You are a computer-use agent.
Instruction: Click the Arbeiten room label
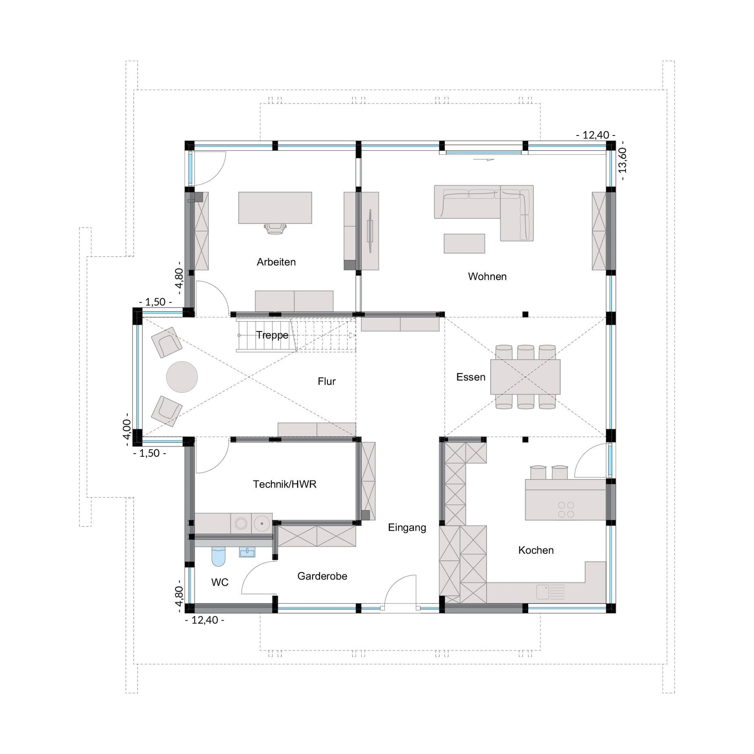click(276, 262)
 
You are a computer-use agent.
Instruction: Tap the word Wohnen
click(487, 277)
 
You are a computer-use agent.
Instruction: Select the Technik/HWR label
click(285, 484)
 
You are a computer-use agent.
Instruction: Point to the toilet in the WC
click(218, 556)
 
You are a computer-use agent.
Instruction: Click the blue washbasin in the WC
click(247, 552)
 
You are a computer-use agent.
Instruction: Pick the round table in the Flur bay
click(182, 377)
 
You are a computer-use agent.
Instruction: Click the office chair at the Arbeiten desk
click(275, 228)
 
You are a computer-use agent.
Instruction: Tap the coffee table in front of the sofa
click(464, 244)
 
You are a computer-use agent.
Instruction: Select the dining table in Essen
click(525, 377)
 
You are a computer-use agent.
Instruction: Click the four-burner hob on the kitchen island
click(566, 510)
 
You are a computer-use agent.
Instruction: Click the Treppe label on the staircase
click(272, 335)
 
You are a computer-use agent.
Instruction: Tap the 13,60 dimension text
click(622, 160)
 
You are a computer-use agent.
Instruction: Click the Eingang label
click(407, 528)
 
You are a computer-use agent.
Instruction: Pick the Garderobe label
click(322, 576)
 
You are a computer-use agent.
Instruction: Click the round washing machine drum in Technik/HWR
click(241, 523)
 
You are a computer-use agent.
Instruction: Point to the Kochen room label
click(536, 551)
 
